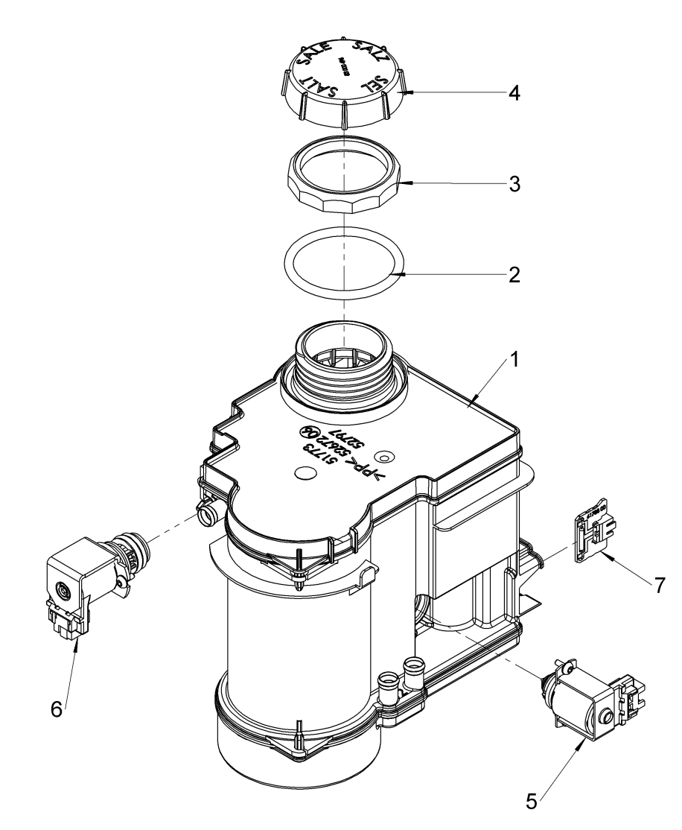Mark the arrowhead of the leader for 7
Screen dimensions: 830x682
click(608, 554)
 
